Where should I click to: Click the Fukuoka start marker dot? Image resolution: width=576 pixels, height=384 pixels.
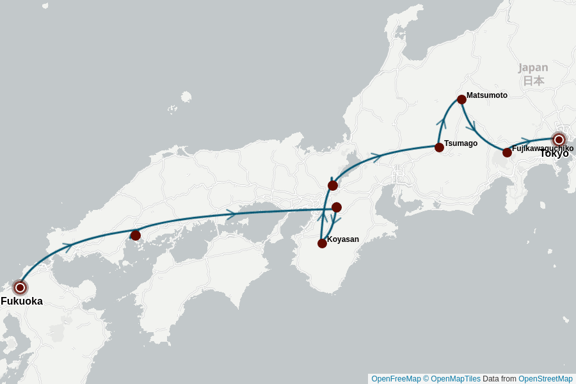[20, 287]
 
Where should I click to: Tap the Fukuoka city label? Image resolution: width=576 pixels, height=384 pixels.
[22, 301]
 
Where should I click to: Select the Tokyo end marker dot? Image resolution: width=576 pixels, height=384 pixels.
[559, 140]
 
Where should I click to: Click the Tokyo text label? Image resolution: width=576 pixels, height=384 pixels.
[554, 154]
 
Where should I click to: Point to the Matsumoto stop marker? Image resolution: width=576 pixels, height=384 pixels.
[461, 99]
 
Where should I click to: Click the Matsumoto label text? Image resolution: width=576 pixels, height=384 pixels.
[487, 95]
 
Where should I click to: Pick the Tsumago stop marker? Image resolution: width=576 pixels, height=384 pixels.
[439, 147]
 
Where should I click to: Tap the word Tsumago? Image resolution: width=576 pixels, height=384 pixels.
[461, 143]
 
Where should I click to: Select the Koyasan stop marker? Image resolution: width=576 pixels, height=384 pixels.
[322, 243]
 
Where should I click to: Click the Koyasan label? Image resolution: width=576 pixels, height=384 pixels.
[343, 239]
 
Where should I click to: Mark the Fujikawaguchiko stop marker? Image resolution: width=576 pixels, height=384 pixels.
[507, 152]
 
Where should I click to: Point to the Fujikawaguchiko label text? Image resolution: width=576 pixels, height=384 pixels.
[543, 148]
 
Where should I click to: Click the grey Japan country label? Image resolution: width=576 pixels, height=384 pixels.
[533, 68]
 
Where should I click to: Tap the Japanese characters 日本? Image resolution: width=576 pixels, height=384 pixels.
[533, 81]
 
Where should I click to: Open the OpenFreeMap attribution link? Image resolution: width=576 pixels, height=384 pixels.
[396, 379]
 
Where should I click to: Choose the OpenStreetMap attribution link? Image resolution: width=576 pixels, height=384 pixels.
[545, 379]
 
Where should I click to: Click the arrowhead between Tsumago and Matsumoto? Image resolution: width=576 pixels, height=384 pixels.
[442, 121]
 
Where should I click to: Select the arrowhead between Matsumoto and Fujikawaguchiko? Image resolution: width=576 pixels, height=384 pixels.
[471, 125]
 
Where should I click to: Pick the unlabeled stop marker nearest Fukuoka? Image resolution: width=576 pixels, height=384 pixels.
[135, 236]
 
